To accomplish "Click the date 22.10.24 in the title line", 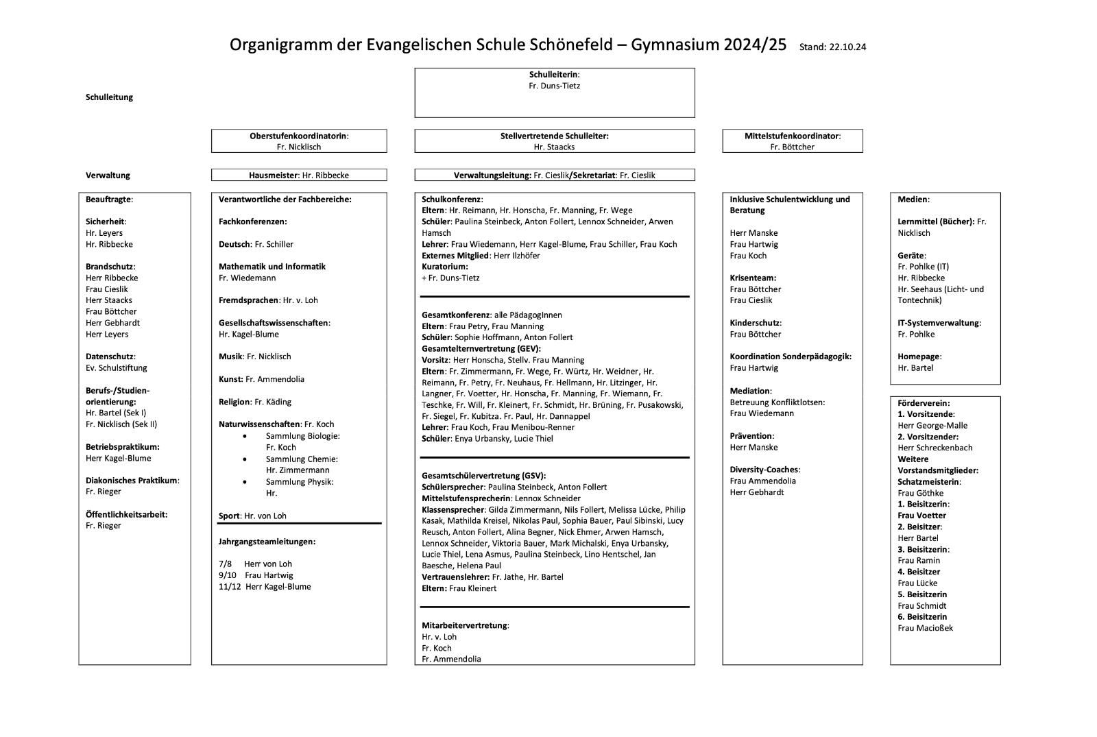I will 847,47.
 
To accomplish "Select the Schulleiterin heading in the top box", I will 553,75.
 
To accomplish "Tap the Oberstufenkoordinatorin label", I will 298,136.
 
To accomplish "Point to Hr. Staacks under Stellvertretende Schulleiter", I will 554,147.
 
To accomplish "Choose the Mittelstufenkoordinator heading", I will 792,136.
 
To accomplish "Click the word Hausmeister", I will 273,176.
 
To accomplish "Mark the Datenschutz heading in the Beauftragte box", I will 110,357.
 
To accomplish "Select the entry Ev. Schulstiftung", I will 117,368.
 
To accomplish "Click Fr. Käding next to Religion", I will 272,402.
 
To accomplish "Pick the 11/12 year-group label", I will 230,587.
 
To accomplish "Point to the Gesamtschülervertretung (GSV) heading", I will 483,476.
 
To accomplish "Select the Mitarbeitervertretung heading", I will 465,626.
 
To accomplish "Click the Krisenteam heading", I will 753,278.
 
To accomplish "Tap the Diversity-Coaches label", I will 764,470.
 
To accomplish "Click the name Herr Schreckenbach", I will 935,448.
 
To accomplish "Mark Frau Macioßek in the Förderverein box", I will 925,628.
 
